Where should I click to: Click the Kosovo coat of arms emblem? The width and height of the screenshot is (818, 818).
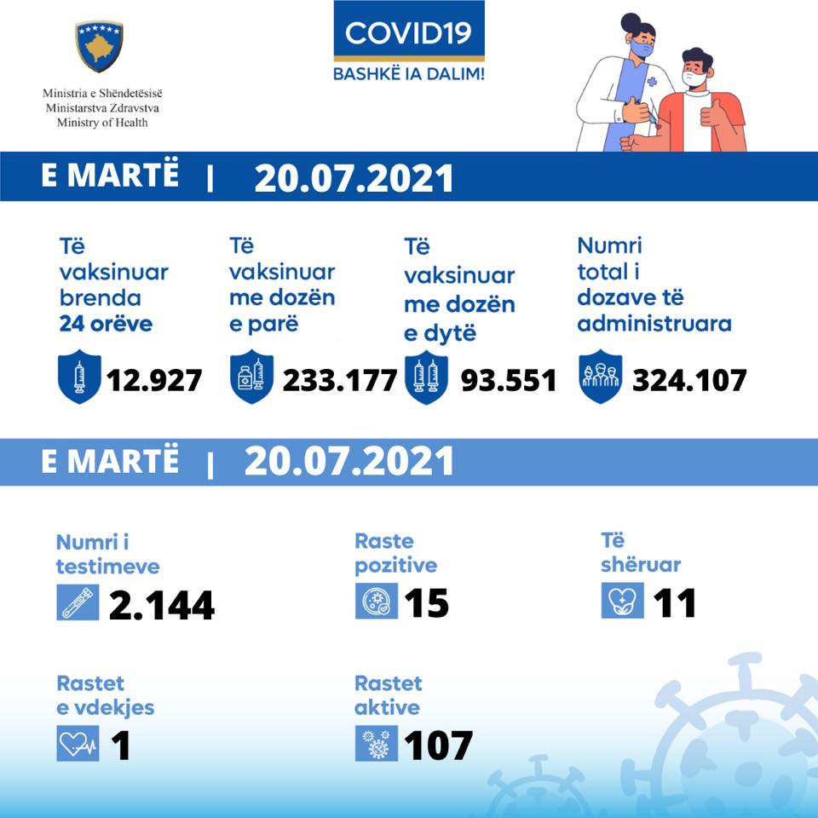[100, 46]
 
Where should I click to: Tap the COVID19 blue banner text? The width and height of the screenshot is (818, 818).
[408, 32]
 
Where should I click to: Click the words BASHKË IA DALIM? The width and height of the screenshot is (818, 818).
[408, 74]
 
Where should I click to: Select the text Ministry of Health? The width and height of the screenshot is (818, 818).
[102, 123]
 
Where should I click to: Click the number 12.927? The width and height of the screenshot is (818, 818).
[153, 379]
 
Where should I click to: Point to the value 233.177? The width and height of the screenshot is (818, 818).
[340, 379]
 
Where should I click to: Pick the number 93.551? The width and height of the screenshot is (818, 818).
[509, 379]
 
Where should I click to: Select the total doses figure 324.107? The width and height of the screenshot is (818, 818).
[689, 379]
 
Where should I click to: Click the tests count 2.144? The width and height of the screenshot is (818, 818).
[161, 604]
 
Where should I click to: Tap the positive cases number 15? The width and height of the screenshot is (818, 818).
[426, 603]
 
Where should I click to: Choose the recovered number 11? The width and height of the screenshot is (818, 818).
[675, 603]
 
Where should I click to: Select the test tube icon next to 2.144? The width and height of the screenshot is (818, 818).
[78, 602]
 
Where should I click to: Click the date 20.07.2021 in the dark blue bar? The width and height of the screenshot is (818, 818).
[354, 178]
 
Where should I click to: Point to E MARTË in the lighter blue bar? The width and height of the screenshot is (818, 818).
[111, 460]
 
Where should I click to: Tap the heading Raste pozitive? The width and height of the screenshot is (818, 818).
[395, 553]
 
